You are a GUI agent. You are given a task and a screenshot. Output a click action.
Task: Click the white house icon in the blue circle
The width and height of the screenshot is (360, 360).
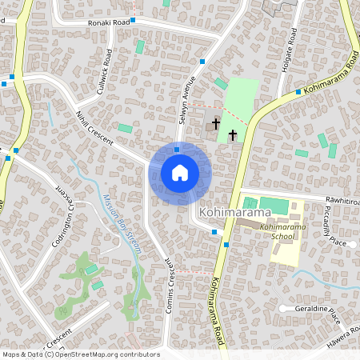pos(180,173)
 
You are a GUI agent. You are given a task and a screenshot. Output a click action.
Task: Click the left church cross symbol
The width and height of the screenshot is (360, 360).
pos(216,123)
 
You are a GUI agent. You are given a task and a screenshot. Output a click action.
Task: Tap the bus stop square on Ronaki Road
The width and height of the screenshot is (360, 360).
pos(134,19)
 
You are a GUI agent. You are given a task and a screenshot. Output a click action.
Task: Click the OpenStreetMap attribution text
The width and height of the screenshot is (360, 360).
pos(81,354)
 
